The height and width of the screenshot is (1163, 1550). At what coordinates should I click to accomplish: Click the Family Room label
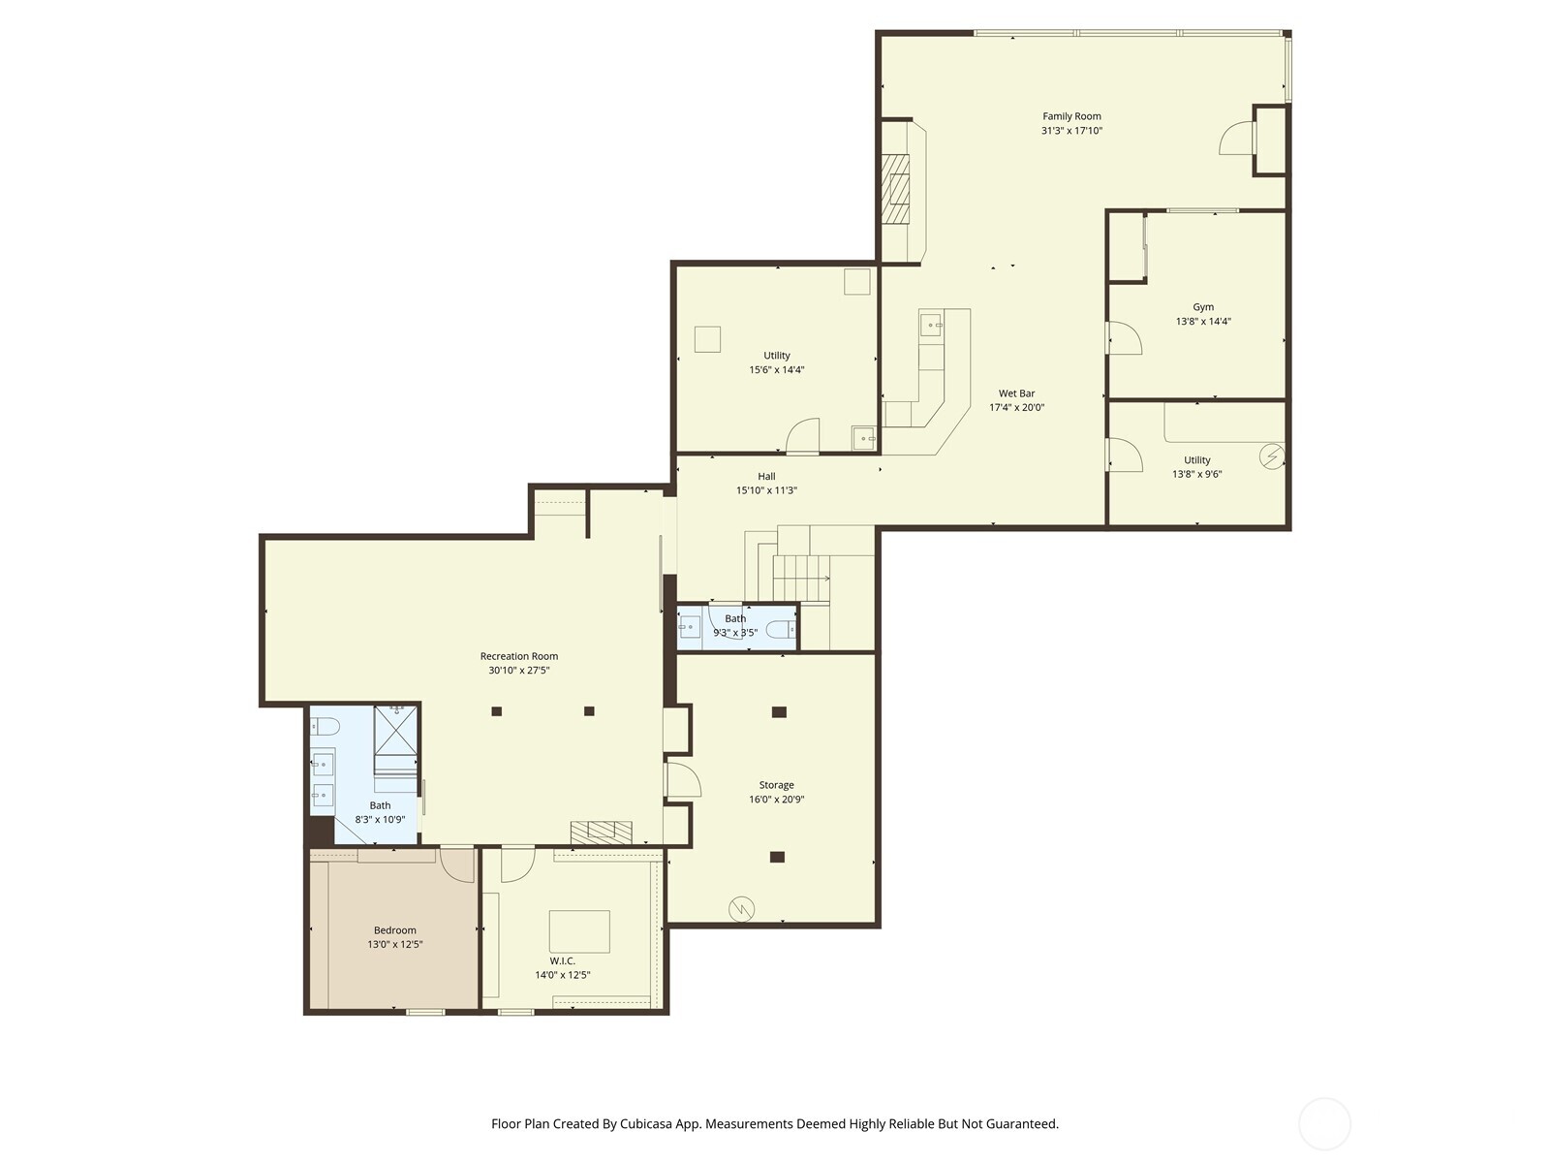(1071, 116)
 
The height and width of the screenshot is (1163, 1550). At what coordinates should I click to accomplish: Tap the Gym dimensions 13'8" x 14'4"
(1203, 322)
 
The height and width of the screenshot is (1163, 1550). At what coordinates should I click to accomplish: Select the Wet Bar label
(1016, 393)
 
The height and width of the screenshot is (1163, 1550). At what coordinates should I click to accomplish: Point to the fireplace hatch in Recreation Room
(601, 832)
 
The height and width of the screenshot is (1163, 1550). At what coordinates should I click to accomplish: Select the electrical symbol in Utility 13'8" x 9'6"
(1271, 455)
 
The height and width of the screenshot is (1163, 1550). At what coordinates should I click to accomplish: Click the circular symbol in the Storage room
(742, 908)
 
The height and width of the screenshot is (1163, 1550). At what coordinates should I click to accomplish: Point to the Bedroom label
(395, 930)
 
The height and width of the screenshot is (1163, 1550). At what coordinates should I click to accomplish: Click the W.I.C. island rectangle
(579, 931)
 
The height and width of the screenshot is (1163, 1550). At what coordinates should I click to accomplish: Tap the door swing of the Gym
(1127, 339)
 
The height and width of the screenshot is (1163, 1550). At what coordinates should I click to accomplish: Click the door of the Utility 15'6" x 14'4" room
(803, 437)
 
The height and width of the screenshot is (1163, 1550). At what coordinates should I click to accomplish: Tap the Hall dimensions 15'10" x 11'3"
(766, 490)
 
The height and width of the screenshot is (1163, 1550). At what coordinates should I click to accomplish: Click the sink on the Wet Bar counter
(930, 325)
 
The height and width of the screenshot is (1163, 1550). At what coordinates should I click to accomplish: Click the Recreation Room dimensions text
(519, 671)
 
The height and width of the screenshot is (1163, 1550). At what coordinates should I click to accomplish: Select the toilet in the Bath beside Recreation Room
(324, 726)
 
